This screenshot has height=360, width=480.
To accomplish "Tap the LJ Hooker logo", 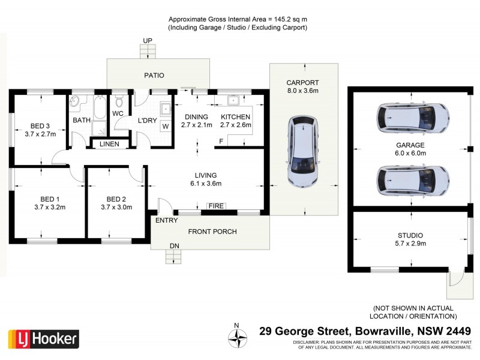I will [x=43, y=339].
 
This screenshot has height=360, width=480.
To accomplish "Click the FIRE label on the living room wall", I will [x=216, y=206].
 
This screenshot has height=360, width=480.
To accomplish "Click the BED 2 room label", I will [x=116, y=199].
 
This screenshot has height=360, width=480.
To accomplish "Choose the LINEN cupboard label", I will [x=109, y=144].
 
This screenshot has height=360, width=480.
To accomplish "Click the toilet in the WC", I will [x=118, y=100].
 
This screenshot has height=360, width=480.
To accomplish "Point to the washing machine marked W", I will [x=164, y=126].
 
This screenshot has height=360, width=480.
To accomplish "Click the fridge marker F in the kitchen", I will [x=221, y=141].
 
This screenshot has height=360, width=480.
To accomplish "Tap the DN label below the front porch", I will [x=173, y=247].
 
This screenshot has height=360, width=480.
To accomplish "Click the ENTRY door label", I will [x=166, y=221].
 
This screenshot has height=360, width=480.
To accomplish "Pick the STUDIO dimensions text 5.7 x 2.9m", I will [x=410, y=245].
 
